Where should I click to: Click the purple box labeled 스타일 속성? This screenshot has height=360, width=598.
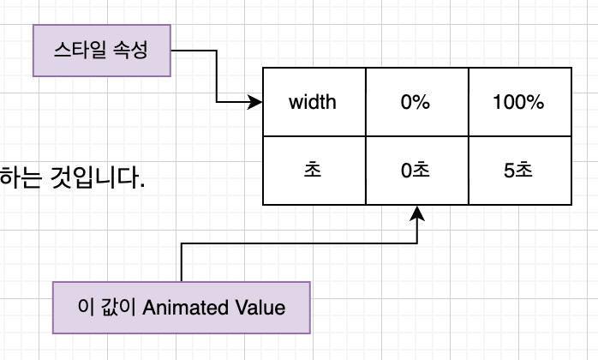pos(101,50)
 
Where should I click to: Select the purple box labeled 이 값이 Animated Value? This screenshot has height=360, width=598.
pos(181,307)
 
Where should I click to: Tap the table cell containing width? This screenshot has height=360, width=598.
pos(313,103)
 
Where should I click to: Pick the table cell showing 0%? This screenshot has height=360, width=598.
pos(416,103)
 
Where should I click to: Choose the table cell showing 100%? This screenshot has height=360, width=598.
pos(518,103)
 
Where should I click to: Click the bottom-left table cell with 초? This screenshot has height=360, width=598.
pos(313,171)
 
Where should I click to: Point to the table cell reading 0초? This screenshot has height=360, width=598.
pos(416,171)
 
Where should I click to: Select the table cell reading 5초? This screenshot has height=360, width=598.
pos(518,171)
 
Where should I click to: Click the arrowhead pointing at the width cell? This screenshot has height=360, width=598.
pos(255,103)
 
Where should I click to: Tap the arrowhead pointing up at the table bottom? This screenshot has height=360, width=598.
pos(417,213)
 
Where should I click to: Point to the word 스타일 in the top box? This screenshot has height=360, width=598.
pos(81,50)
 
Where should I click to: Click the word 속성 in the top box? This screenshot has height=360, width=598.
pos(131,50)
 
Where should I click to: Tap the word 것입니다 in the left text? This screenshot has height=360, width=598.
pos(94,178)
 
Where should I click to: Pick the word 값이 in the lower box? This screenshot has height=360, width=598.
pos(113,307)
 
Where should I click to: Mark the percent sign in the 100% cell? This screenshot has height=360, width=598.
pos(535,103)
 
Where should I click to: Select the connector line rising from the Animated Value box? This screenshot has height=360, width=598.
pos(182,261)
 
